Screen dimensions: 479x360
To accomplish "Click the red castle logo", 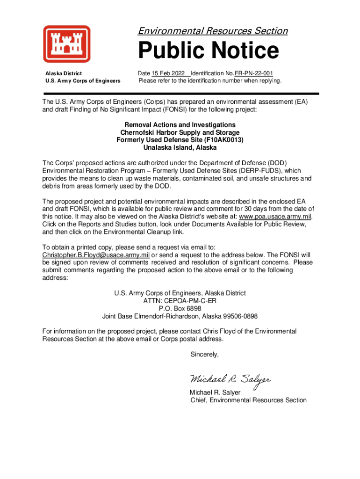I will [67, 44].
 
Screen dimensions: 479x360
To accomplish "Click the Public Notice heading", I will [208, 51].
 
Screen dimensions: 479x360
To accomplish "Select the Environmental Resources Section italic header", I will [212, 31].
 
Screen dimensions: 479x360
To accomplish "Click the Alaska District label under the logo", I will [63, 73].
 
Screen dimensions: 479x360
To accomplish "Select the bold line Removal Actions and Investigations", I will [180, 125].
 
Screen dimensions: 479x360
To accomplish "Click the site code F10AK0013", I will [226, 140].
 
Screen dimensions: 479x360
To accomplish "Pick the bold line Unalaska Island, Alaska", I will [180, 147].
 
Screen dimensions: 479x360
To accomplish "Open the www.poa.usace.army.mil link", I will [275, 217].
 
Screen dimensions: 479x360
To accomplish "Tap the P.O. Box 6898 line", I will [180, 309].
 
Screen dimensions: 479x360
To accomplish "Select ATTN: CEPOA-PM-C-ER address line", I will [180, 301].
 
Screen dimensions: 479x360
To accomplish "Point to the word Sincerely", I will [204, 355].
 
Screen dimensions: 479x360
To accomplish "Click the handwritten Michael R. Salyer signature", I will [230, 379].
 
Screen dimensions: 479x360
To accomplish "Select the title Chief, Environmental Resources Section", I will [248, 400].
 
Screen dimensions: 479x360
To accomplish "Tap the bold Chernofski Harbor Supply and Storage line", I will [180, 132].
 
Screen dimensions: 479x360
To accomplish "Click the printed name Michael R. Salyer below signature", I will [215, 392].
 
